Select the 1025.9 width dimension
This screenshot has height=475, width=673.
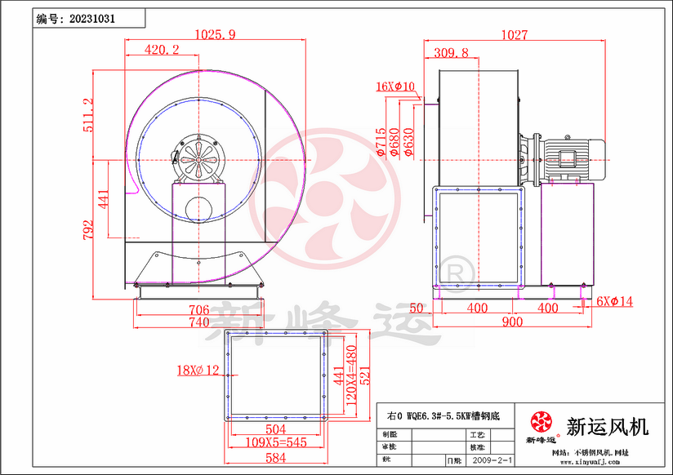216,34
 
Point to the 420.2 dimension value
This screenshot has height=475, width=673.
162,50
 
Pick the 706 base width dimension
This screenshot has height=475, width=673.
199,309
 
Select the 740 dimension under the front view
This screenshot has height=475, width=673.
199,322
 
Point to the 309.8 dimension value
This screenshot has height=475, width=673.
451,53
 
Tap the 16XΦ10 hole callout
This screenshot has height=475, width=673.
395,86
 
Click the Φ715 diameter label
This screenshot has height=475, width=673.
381,141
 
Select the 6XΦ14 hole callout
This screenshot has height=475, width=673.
614,301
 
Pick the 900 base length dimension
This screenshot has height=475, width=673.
511,322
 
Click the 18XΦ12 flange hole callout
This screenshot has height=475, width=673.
198,371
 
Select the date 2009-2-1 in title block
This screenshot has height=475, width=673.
492,462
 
